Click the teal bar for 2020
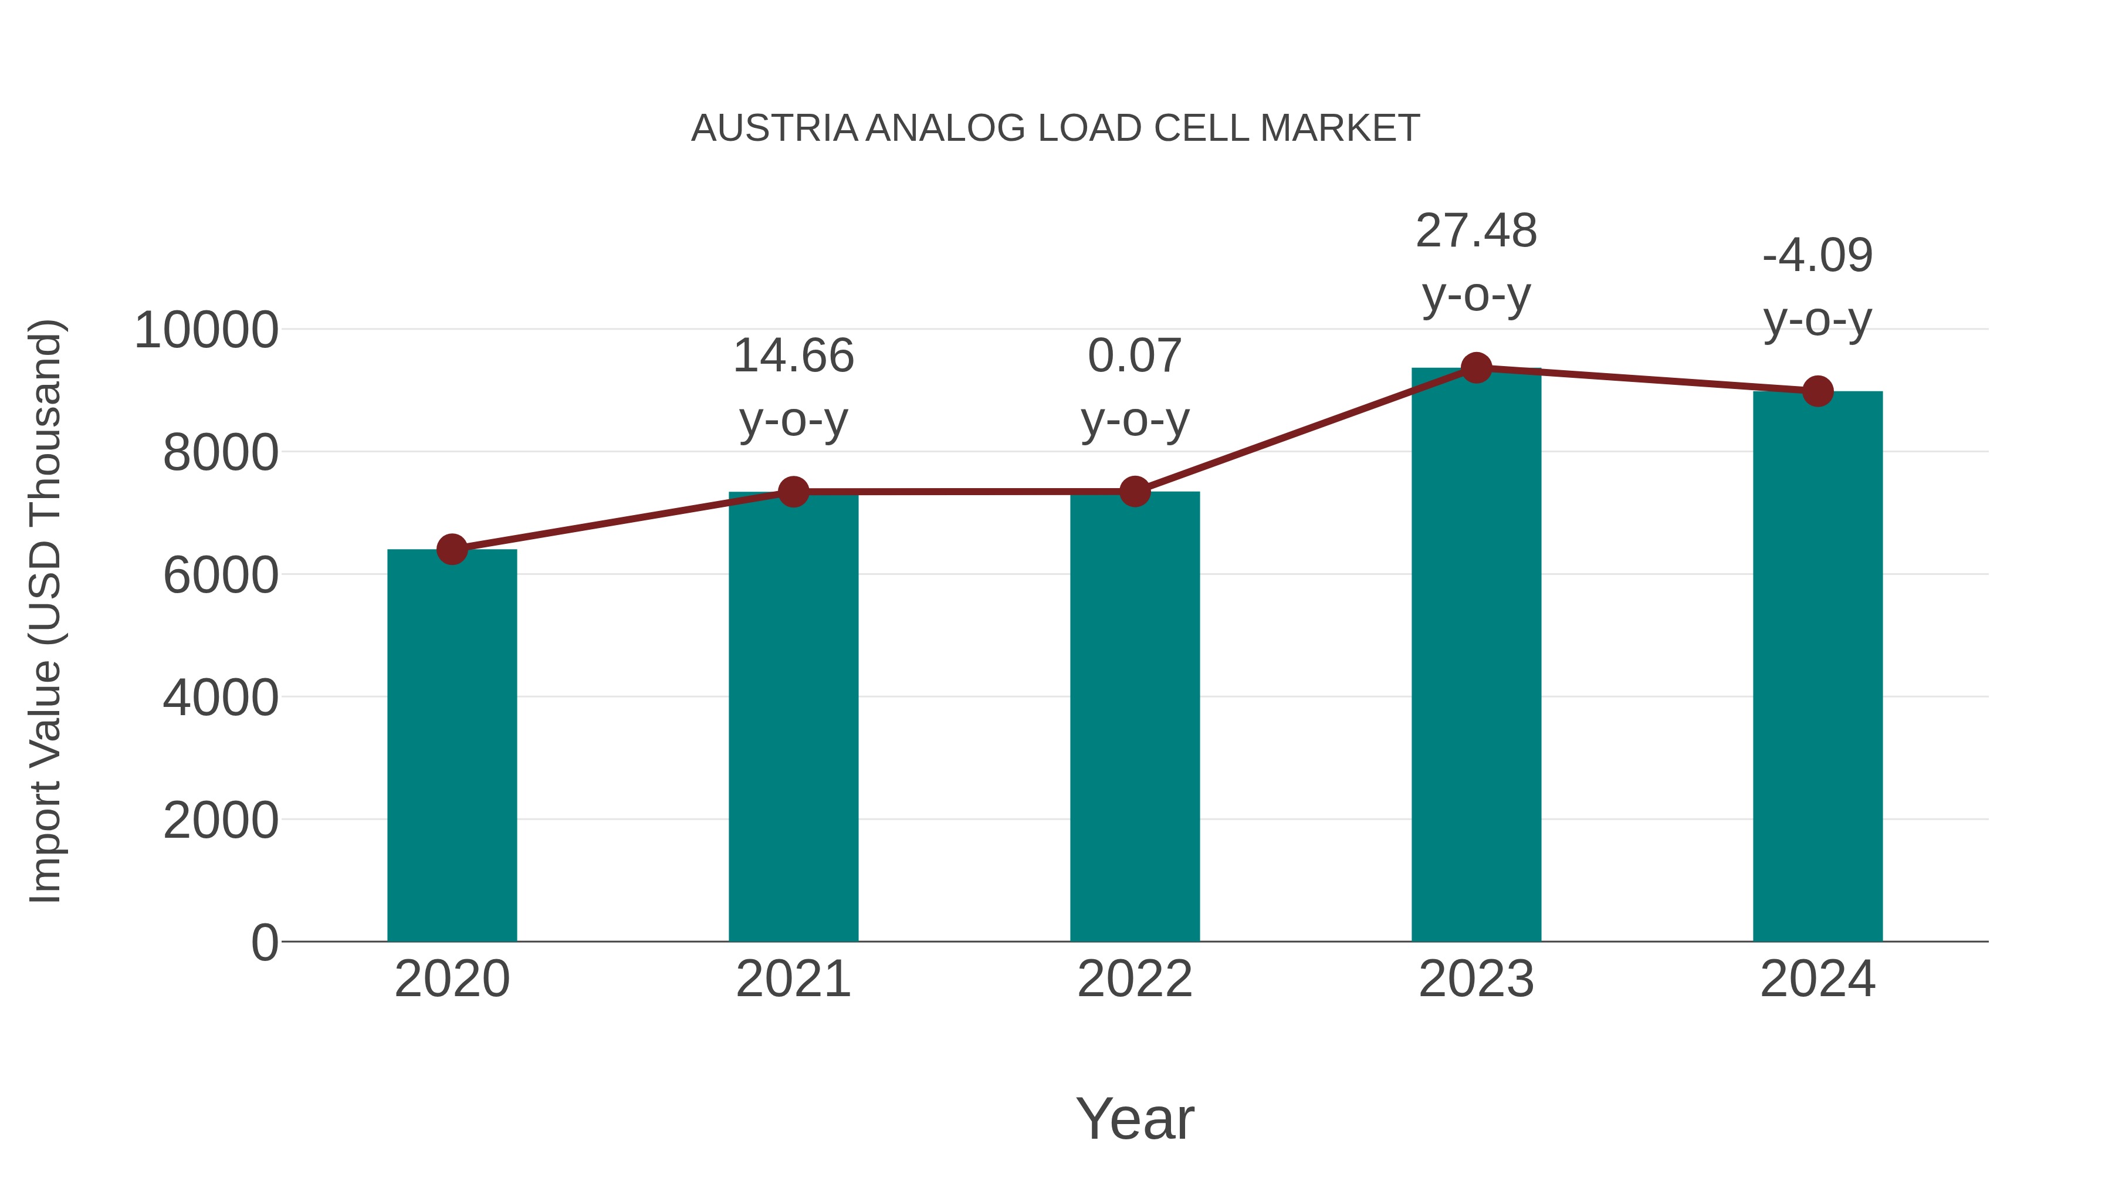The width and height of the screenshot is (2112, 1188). coord(452,746)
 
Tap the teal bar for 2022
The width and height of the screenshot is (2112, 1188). coord(1135,717)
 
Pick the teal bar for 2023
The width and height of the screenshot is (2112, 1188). coord(1476,656)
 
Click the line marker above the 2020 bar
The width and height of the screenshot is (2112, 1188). coord(452,549)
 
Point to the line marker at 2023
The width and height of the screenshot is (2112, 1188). coord(1476,368)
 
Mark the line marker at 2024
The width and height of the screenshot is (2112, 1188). coord(1817,391)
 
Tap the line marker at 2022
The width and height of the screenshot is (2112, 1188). coord(1135,492)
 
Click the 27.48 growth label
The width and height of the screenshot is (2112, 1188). coord(1476,231)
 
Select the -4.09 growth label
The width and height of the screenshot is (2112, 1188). coord(1817,256)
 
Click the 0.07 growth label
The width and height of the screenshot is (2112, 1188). coord(1135,356)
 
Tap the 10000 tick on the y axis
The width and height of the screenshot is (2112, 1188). coord(206,330)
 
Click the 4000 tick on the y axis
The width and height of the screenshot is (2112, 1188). coord(221,698)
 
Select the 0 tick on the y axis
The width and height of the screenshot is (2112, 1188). coord(265,942)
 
